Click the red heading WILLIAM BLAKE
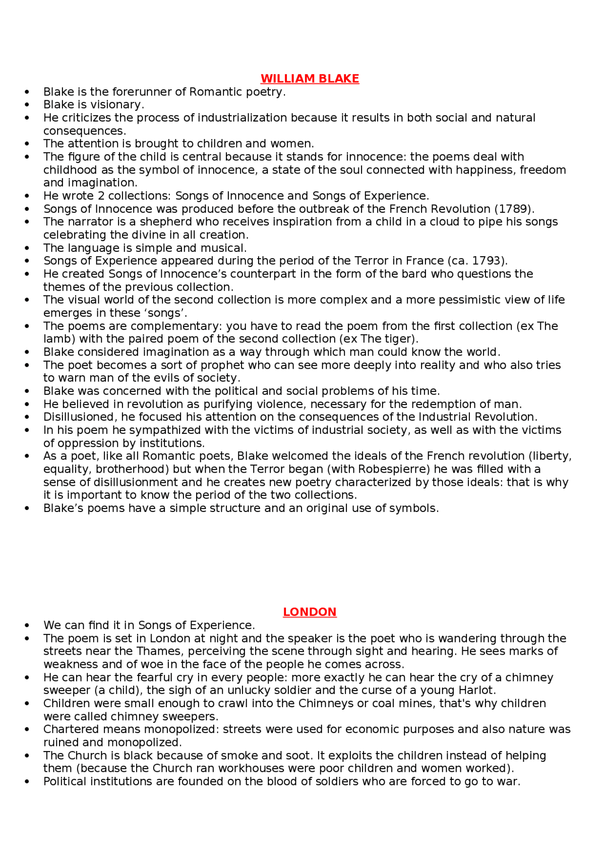pyautogui.click(x=310, y=78)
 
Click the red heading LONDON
pyautogui.click(x=310, y=612)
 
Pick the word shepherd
pyautogui.click(x=164, y=222)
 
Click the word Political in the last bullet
pyautogui.click(x=65, y=781)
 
